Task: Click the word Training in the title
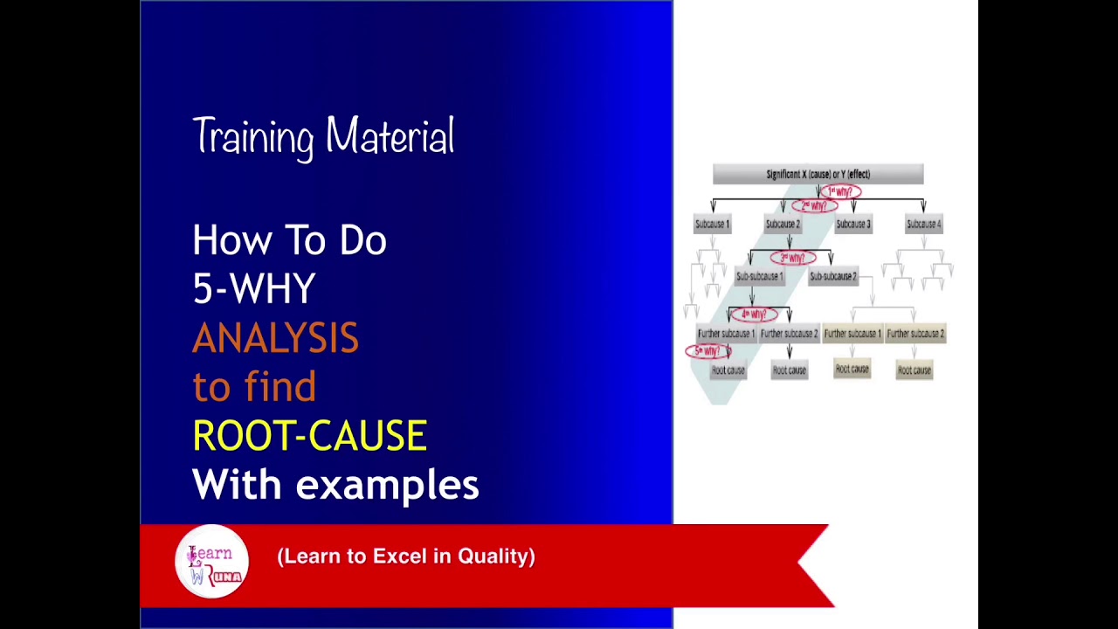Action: point(252,138)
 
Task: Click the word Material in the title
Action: point(390,137)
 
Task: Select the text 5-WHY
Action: point(254,289)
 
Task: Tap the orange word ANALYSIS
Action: point(275,338)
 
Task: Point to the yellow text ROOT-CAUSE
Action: point(309,436)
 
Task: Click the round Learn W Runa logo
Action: point(211,562)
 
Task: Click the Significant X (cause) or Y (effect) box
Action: point(818,174)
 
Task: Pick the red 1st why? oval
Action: point(840,191)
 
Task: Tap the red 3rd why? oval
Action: point(792,258)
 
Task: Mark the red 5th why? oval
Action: point(707,351)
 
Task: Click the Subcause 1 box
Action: point(712,225)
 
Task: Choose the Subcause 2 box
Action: point(783,225)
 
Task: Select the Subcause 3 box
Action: point(852,225)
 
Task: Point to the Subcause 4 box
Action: point(923,225)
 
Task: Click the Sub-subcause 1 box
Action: point(759,277)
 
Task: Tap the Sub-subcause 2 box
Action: point(832,277)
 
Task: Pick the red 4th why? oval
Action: point(753,314)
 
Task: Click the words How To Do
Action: point(289,240)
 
